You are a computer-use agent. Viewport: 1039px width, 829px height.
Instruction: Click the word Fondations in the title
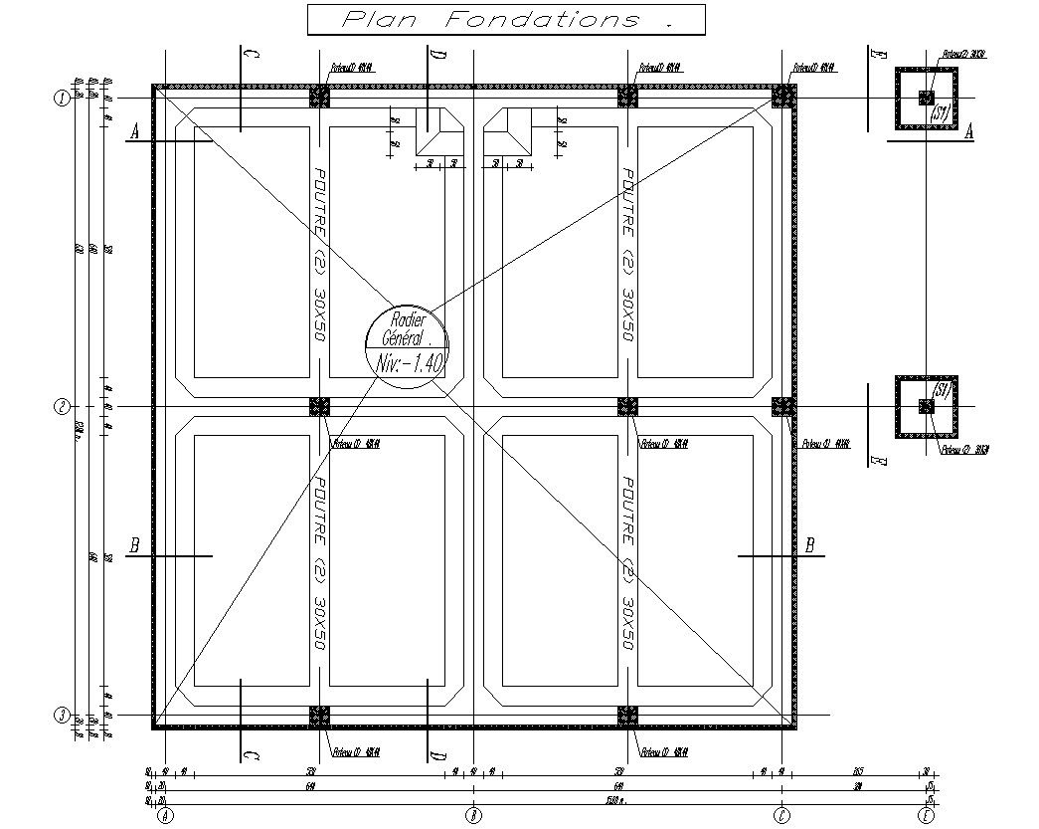point(542,19)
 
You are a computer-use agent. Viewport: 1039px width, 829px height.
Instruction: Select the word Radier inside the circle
point(408,319)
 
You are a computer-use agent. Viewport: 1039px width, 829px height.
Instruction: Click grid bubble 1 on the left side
point(62,98)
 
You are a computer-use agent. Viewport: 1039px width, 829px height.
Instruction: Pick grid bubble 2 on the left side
point(62,406)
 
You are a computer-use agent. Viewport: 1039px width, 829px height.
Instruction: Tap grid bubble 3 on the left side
point(62,716)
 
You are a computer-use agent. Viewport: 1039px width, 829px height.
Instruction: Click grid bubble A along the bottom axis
point(165,816)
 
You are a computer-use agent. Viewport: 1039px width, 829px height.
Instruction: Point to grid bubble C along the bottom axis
point(782,816)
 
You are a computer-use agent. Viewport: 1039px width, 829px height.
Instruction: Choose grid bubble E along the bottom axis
point(927,816)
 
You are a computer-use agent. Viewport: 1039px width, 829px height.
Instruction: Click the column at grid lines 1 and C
point(783,96)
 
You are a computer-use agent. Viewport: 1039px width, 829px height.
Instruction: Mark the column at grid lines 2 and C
point(783,406)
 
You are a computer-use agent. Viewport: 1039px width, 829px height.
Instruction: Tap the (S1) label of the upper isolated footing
point(941,114)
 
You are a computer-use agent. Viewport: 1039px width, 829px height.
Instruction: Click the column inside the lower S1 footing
point(927,406)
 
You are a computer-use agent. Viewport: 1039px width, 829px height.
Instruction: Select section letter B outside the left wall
point(134,545)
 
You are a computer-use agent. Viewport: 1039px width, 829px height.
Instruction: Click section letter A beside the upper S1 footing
point(969,131)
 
